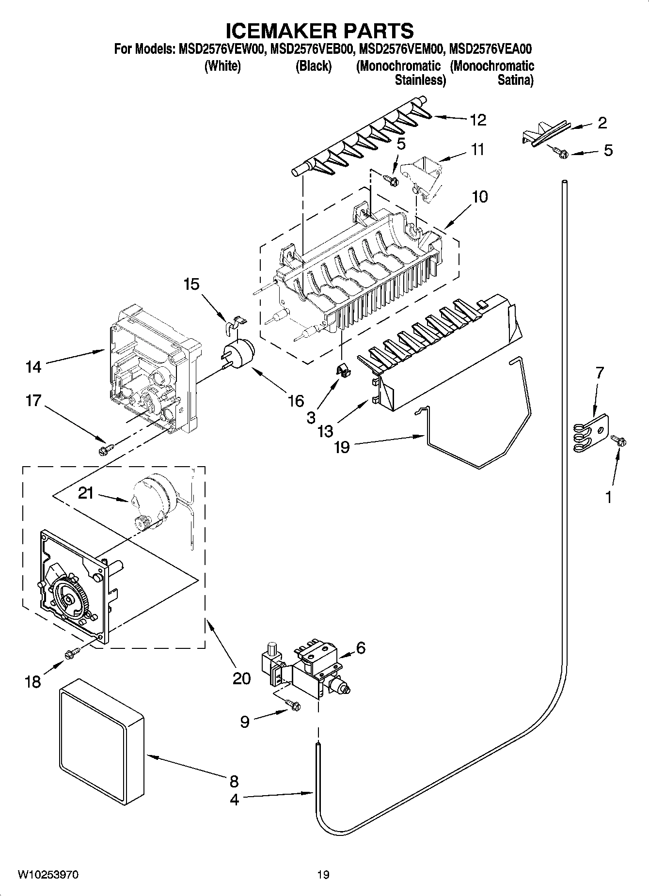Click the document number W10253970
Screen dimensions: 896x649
point(48,875)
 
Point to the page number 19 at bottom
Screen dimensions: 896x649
point(323,875)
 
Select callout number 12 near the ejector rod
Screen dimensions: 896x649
point(478,120)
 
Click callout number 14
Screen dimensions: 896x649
point(33,367)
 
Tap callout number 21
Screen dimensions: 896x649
point(85,493)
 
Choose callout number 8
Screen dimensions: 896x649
point(234,781)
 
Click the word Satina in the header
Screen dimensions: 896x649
point(515,80)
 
